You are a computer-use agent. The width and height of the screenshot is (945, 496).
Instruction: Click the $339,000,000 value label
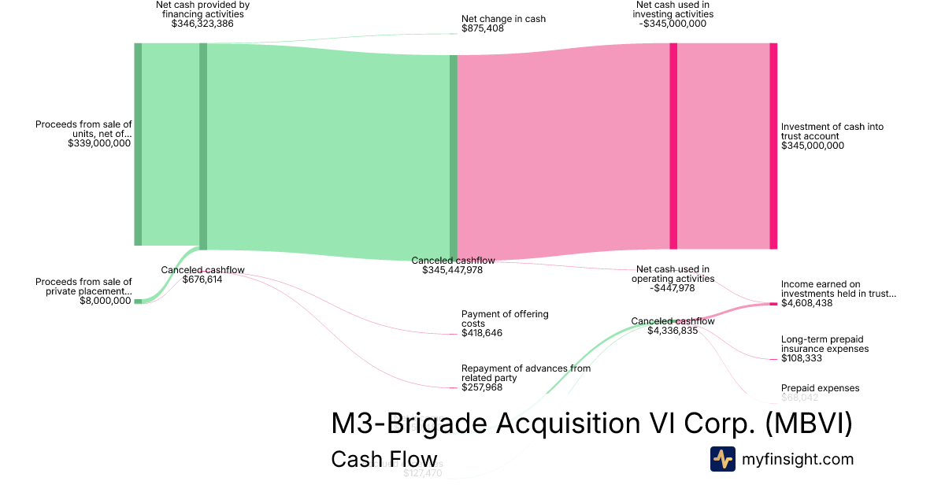pos(99,144)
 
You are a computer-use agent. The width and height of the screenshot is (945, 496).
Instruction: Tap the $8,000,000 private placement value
pos(106,301)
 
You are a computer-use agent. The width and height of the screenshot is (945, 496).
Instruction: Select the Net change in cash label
pos(503,19)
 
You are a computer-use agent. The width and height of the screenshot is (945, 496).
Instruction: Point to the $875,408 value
pos(483,29)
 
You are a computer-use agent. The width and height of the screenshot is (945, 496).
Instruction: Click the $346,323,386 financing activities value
pos(202,24)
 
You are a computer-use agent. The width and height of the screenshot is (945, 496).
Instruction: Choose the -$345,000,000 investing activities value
pos(673,24)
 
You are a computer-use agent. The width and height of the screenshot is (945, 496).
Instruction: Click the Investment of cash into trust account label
pos(832,131)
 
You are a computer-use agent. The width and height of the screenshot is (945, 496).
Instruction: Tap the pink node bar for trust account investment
pos(773,146)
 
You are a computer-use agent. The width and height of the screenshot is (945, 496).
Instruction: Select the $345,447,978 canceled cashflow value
pos(453,270)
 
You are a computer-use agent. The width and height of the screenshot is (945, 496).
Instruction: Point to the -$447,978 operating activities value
pos(673,288)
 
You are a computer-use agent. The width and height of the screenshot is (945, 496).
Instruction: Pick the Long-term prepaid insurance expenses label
pos(825,344)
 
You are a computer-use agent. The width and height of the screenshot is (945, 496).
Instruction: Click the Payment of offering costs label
pos(505,319)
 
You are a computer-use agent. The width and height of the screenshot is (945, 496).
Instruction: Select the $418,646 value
pos(482,333)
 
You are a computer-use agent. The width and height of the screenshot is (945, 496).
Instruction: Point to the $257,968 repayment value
pos(482,387)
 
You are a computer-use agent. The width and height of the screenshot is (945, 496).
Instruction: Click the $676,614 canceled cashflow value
pos(203,279)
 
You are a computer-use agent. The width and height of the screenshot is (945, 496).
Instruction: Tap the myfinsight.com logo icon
pos(722,459)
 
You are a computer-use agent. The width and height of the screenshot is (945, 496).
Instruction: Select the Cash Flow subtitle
pos(384,459)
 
